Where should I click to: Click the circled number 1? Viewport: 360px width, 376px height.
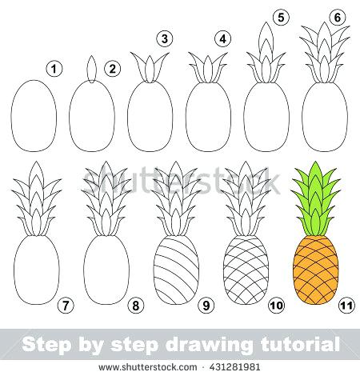[x=54, y=70]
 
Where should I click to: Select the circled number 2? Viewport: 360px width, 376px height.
[x=113, y=70]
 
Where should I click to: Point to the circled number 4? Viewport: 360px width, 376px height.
[x=223, y=38]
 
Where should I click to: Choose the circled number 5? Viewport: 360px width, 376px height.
[x=279, y=16]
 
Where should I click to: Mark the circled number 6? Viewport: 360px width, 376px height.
[x=337, y=16]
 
